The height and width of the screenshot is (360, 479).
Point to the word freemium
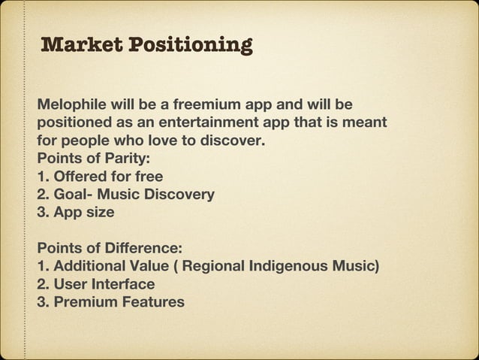[201, 103]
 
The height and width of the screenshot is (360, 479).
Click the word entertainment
[197, 121]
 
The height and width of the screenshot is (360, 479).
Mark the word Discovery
[177, 195]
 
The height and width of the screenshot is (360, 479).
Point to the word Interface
[120, 285]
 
